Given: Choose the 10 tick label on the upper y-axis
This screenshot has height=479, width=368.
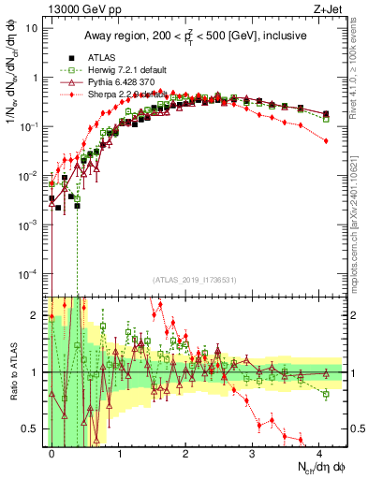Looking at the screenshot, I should tap(32, 28).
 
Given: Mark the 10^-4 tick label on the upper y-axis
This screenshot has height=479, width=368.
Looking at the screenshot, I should tap(30, 273).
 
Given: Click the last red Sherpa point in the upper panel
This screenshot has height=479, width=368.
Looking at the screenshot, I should tap(326, 140).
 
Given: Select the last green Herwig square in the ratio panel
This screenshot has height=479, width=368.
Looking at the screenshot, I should tap(326, 394).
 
